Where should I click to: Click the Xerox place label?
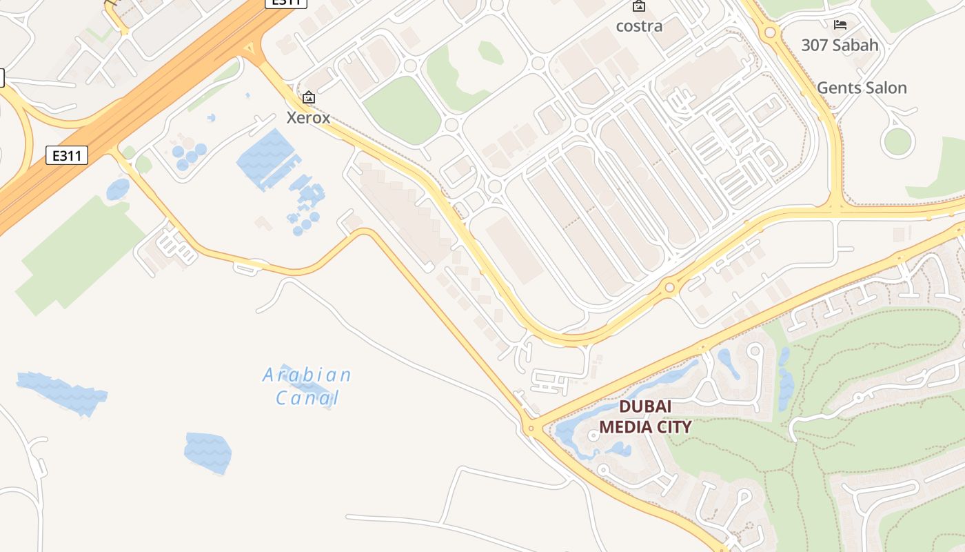point(308,117)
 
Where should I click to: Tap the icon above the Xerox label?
point(308,98)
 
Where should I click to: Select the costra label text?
point(639,26)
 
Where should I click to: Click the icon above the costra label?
point(639,6)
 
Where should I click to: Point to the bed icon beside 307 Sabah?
point(840,25)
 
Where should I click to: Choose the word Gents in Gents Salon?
point(837,88)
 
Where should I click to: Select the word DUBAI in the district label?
point(644,407)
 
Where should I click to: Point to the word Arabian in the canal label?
point(307,375)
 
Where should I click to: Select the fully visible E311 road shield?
point(67,155)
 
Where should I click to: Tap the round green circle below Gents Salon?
point(897,141)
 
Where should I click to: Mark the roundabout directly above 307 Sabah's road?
point(770,32)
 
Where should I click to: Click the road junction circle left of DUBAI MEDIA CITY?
point(530,428)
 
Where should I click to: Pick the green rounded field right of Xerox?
point(402,110)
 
